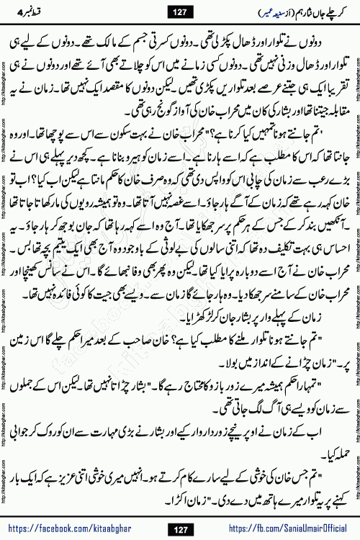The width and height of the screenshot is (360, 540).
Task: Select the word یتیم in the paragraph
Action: [85, 233]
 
